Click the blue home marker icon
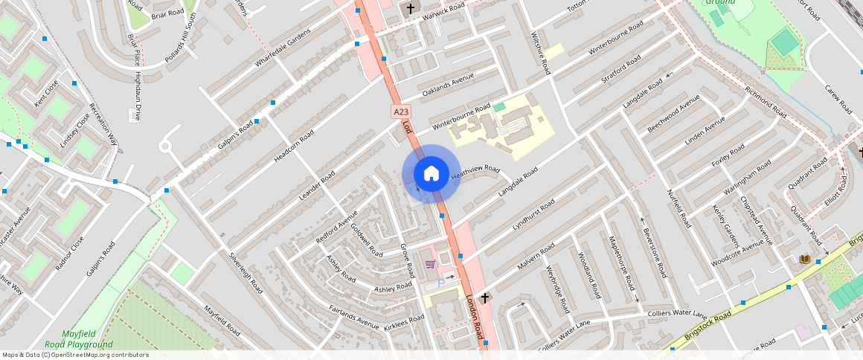[431, 174]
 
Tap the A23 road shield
[401, 112]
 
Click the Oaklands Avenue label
[448, 85]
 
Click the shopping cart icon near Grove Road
[429, 264]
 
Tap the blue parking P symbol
[441, 282]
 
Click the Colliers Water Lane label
[677, 315]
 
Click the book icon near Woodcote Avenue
[804, 259]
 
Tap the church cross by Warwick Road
[410, 8]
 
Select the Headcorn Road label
[294, 143]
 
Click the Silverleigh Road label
[246, 272]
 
